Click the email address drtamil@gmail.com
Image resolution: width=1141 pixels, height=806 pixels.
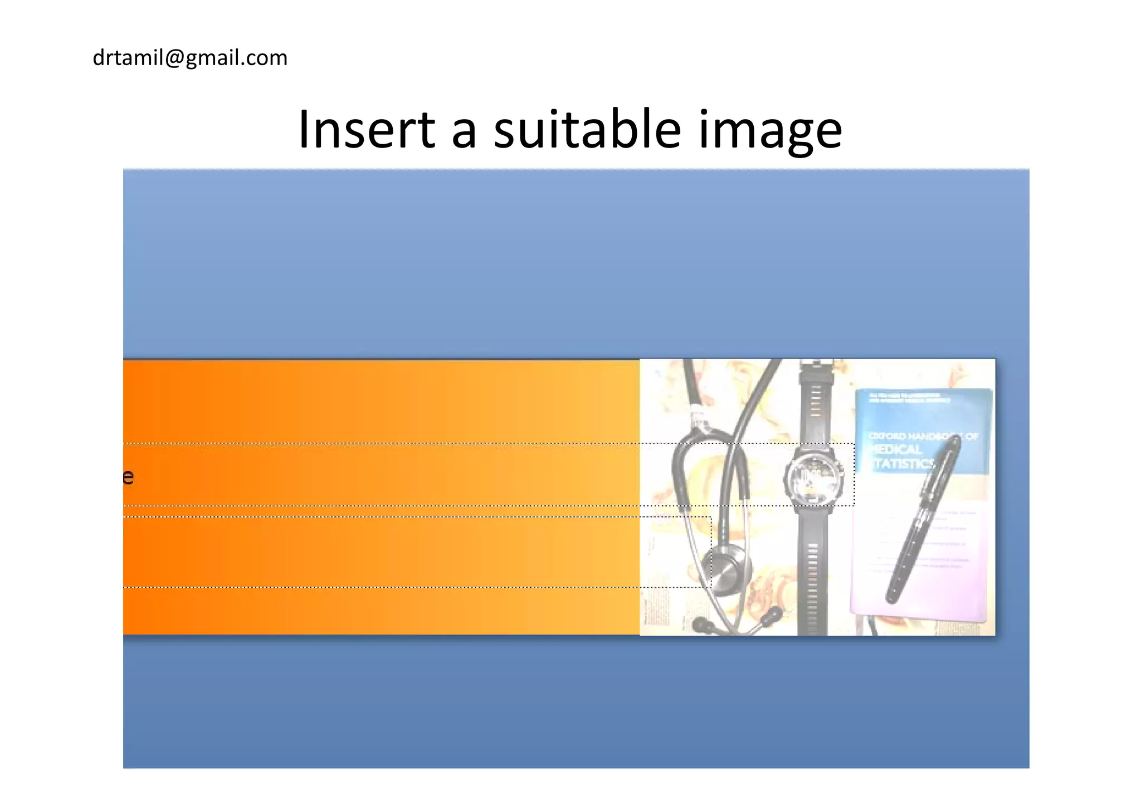(190, 58)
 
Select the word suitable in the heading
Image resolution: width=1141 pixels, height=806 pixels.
(587, 130)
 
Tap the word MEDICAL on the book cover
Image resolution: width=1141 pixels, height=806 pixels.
(897, 449)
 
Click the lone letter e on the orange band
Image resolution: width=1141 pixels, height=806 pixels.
(128, 477)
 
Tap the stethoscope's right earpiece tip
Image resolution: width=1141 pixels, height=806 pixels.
(772, 615)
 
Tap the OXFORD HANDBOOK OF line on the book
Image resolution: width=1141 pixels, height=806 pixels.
(922, 436)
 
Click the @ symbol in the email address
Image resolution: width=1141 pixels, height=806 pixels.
(174, 58)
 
